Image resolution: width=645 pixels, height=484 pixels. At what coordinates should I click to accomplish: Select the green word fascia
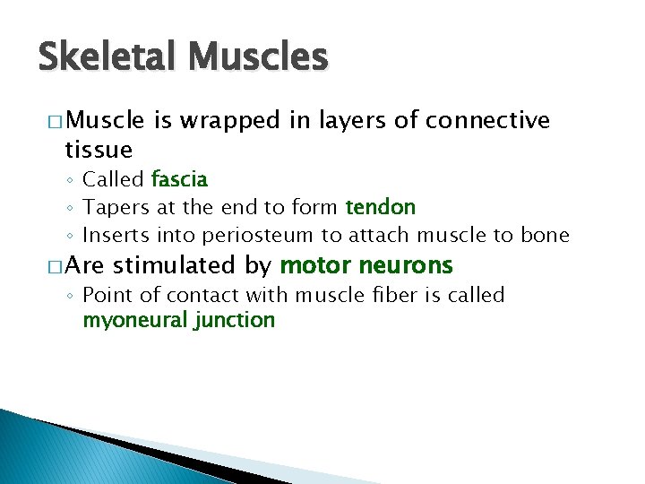tap(179, 179)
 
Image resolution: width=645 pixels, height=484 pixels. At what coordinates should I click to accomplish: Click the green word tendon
tap(381, 207)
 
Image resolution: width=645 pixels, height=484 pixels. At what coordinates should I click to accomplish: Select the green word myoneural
tap(133, 320)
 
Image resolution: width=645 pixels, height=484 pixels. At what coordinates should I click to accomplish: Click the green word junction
tap(234, 320)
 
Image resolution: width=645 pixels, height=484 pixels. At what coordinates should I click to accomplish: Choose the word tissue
tap(99, 149)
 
